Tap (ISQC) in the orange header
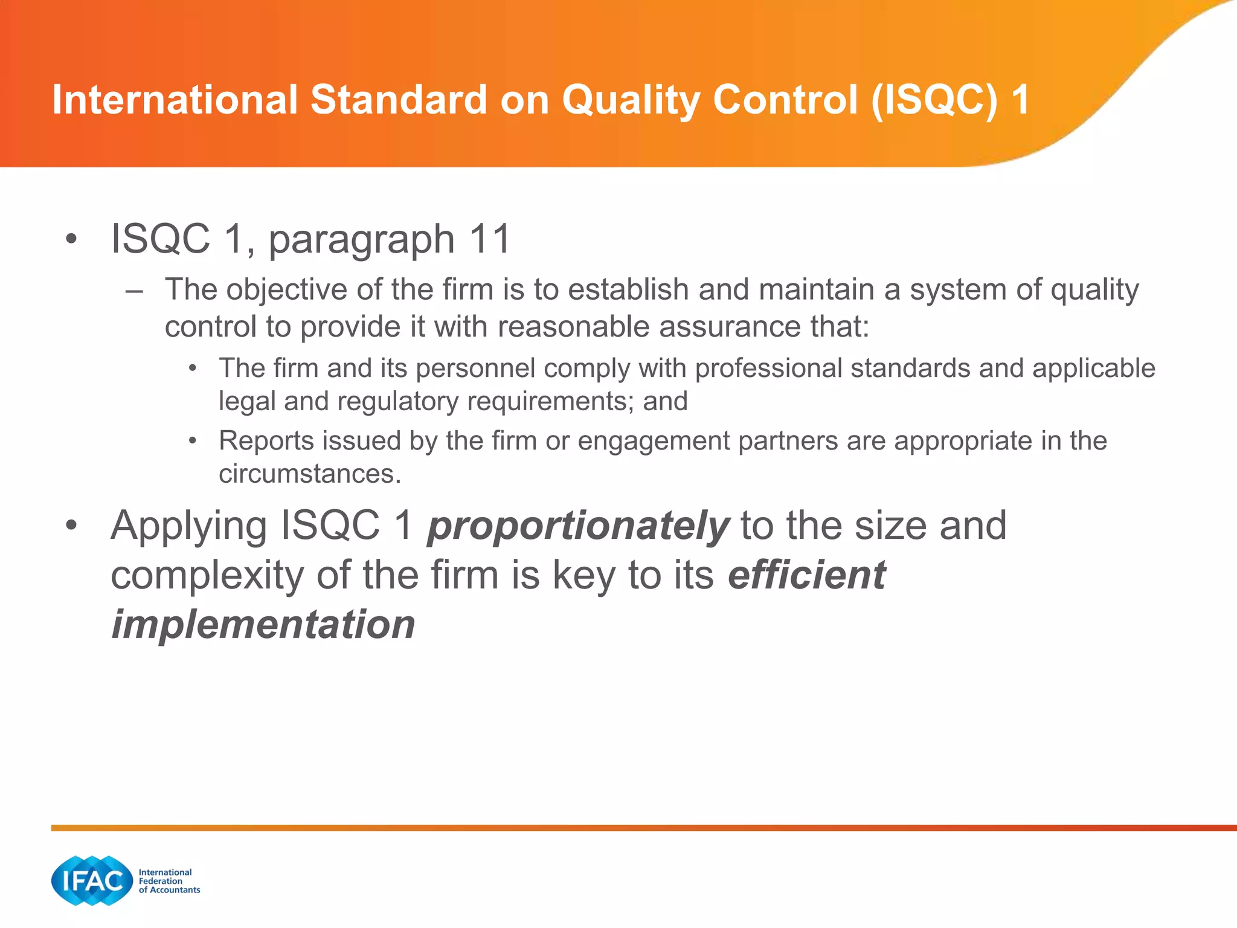point(934,100)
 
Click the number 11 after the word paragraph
point(490,239)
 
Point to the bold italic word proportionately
point(578,526)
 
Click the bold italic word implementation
point(263,624)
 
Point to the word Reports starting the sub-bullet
point(266,440)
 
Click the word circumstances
point(309,474)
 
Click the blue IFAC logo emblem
point(92,880)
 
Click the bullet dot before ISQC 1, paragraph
point(71,239)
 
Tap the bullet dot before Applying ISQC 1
point(71,526)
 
